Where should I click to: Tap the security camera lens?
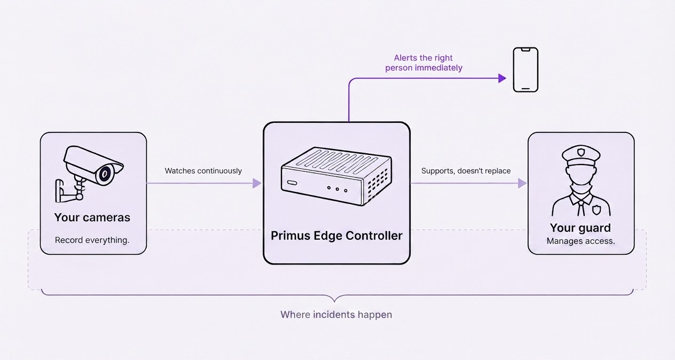[x=104, y=174]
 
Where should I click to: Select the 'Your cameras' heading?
[x=92, y=217]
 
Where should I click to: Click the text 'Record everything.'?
[x=92, y=240]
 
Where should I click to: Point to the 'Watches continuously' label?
[x=203, y=171]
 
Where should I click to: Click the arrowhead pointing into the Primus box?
[x=257, y=183]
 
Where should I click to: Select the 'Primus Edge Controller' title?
[x=336, y=236]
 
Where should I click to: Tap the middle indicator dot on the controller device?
[x=337, y=189]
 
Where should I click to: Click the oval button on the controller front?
[x=292, y=183]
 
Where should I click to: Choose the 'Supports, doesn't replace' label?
[x=466, y=171]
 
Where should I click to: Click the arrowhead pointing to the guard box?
[x=522, y=183]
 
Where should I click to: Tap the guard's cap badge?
[x=581, y=152]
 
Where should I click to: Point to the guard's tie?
[x=581, y=207]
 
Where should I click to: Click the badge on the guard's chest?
[x=596, y=209]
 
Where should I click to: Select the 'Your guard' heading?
[x=580, y=228]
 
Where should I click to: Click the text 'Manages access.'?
[x=580, y=241]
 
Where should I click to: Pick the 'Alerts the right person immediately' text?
[x=423, y=62]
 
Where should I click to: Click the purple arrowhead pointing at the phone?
[x=502, y=79]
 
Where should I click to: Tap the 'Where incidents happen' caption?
[x=336, y=315]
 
